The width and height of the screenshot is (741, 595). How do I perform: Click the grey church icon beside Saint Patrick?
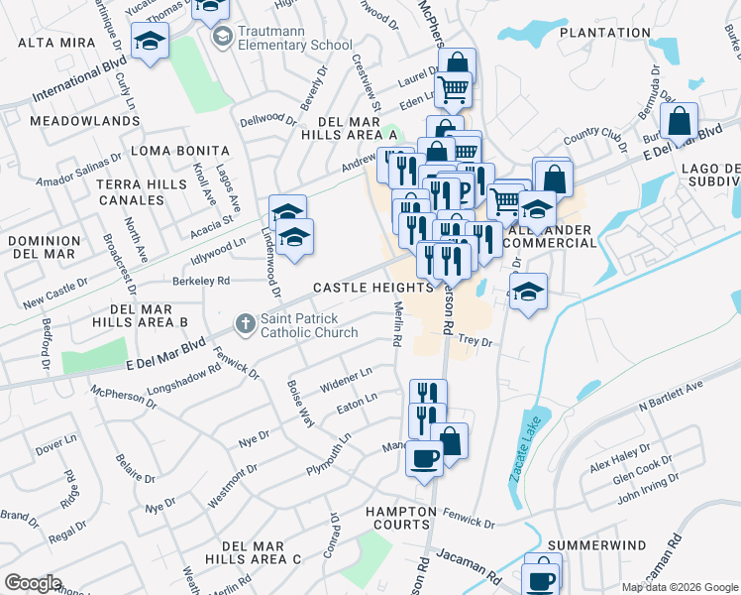[x=245, y=323]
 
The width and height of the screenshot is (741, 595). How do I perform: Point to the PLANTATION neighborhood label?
[x=604, y=33]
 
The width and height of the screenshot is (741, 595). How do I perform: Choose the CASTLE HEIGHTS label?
[x=372, y=288]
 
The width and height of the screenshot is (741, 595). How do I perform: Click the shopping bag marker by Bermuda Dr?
[x=680, y=123]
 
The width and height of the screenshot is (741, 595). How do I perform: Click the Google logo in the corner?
[x=33, y=583]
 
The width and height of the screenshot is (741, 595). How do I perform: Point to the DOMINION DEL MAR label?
[x=45, y=249]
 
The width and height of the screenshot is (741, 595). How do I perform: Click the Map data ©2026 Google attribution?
[x=679, y=587]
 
